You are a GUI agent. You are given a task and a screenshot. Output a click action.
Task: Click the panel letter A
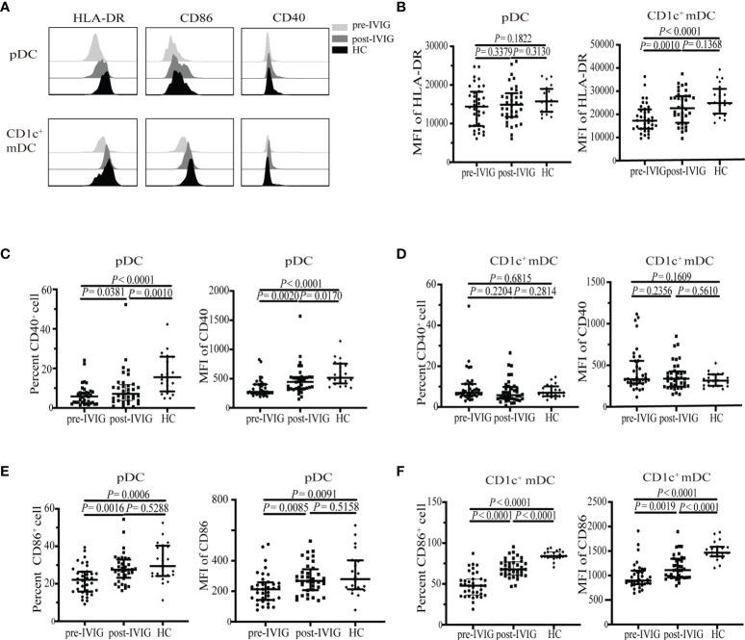click(8, 8)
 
